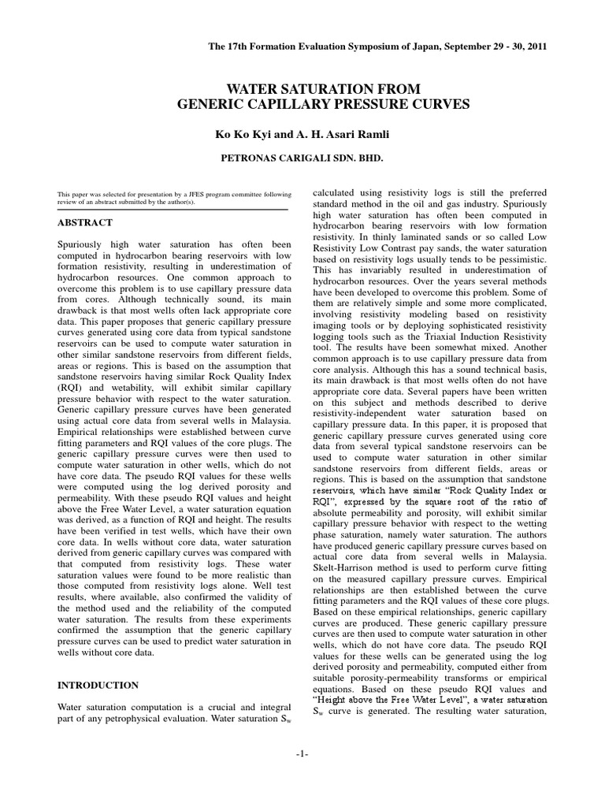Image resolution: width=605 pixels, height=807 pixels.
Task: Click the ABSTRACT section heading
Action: point(85,223)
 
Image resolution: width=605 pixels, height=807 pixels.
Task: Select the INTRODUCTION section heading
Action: point(98,685)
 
